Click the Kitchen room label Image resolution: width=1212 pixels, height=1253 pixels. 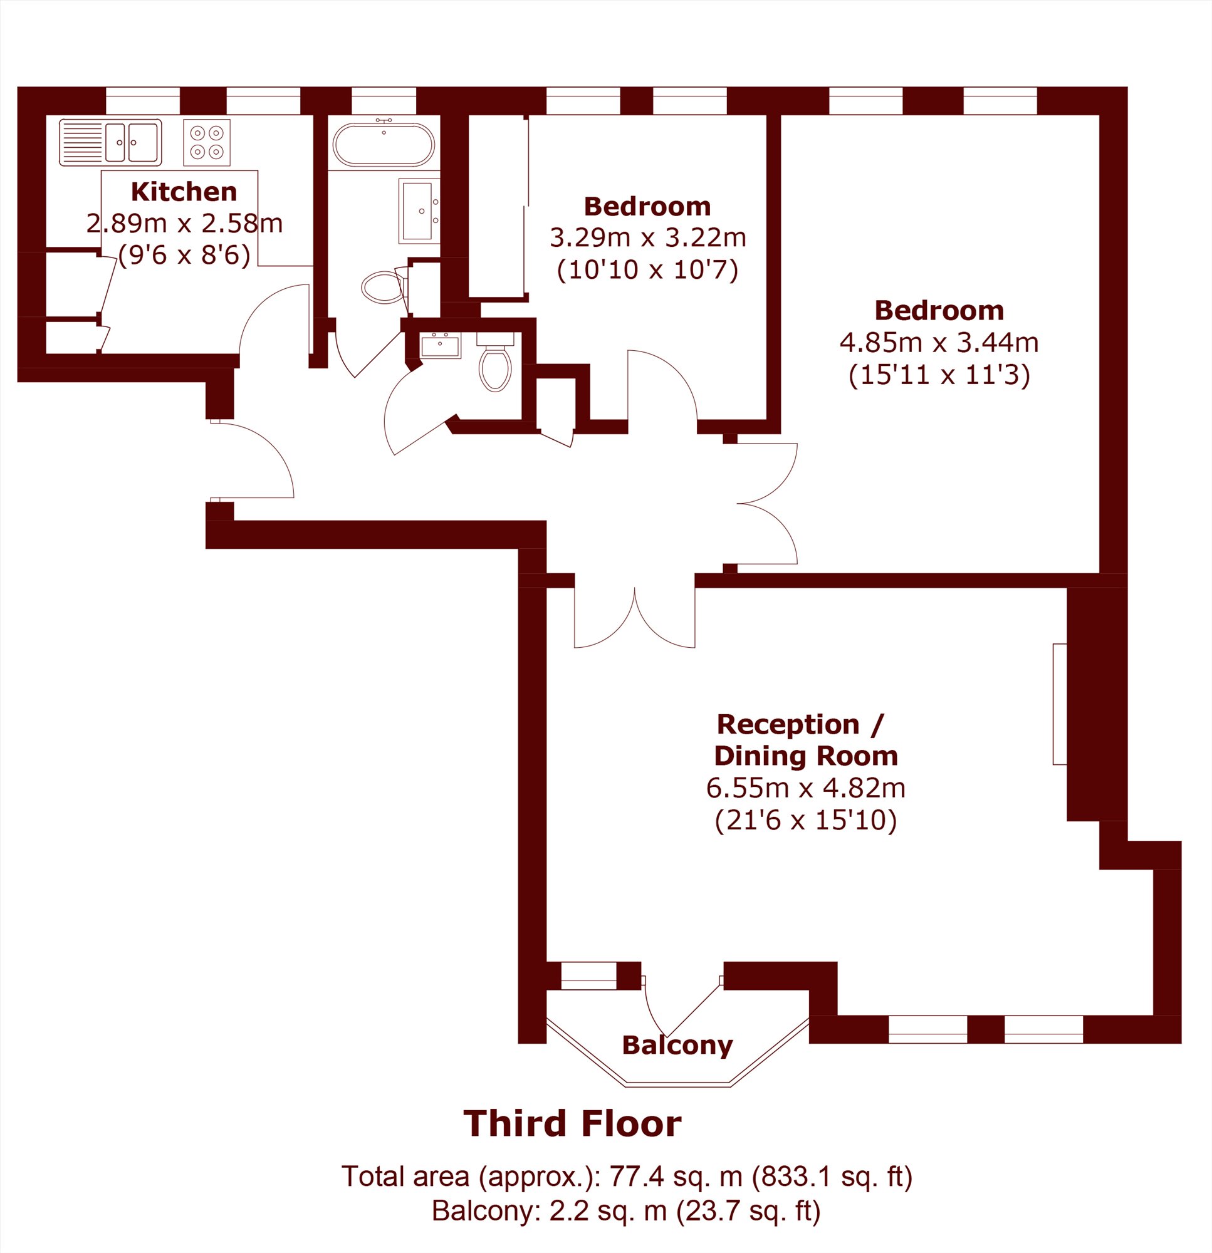(184, 192)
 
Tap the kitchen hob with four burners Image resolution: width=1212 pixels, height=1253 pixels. (207, 143)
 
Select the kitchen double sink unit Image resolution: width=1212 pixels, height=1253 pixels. (110, 143)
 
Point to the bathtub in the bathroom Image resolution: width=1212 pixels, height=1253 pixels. (384, 145)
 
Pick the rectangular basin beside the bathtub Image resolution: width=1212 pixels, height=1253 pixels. (419, 211)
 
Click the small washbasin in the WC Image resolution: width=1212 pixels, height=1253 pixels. (440, 345)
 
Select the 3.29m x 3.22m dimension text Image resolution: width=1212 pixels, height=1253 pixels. (648, 238)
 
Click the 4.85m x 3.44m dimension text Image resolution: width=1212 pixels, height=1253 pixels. (939, 343)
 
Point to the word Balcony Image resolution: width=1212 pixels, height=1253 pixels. (677, 1045)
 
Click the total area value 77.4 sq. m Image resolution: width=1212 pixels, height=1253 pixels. (676, 1177)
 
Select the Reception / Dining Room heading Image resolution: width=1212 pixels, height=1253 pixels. (806, 741)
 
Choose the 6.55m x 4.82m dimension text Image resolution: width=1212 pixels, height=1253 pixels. (806, 788)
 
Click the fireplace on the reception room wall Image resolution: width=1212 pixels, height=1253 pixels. (1060, 704)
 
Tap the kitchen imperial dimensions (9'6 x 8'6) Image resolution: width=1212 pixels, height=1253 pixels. (184, 256)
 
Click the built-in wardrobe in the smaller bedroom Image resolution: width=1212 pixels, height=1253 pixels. (498, 206)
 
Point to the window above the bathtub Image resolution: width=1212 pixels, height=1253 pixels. (384, 101)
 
